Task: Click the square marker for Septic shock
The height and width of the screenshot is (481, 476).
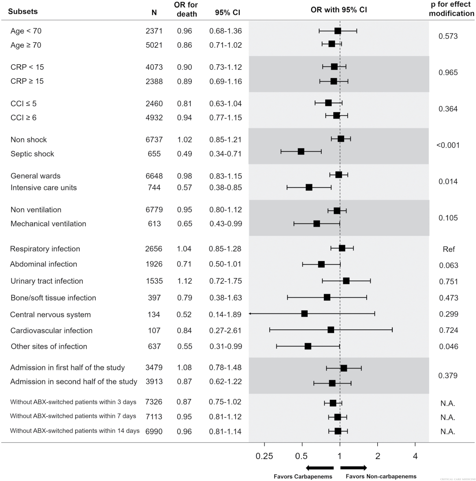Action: [301, 151]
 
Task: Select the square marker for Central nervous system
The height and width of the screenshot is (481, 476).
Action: [304, 313]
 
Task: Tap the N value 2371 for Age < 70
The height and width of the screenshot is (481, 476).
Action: [154, 31]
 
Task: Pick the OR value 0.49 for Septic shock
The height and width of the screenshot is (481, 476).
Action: [184, 154]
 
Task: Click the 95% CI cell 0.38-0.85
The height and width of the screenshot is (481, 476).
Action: [225, 187]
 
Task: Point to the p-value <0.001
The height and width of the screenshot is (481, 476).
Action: [448, 145]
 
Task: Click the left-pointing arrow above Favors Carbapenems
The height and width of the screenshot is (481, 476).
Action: [320, 468]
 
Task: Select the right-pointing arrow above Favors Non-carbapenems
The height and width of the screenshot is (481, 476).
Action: [353, 468]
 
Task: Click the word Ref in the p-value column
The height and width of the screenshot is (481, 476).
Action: [448, 249]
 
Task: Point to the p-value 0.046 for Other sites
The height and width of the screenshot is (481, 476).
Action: [448, 347]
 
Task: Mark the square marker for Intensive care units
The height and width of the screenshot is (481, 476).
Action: [309, 187]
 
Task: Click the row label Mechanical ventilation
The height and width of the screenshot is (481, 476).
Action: [48, 224]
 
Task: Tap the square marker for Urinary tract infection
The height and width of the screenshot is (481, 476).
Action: [346, 281]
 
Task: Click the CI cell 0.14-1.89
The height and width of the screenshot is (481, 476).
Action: [225, 314]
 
